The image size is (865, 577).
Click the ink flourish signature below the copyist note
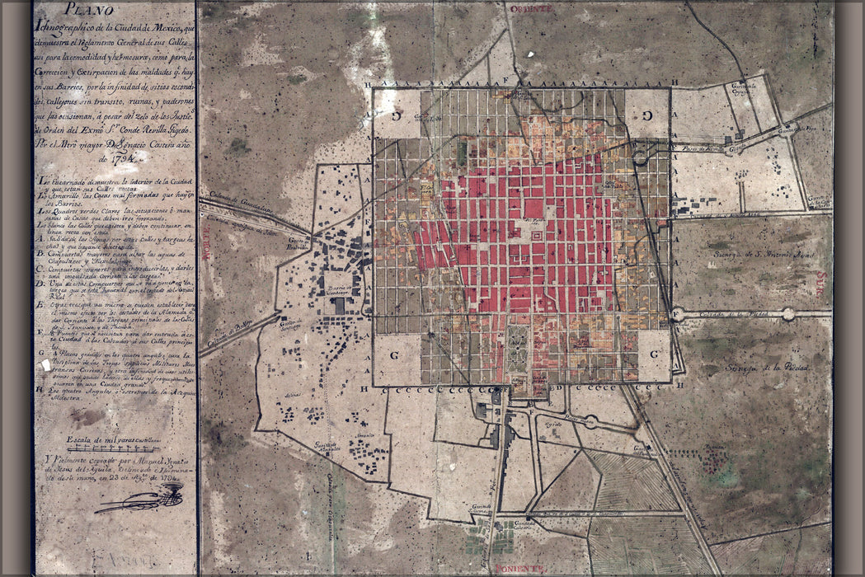140,498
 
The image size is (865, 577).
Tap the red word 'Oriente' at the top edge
529,8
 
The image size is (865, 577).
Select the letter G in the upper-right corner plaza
646,115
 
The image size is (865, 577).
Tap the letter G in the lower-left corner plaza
397,354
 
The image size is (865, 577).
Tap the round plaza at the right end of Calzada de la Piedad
788,313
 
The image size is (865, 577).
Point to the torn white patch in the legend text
46,364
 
